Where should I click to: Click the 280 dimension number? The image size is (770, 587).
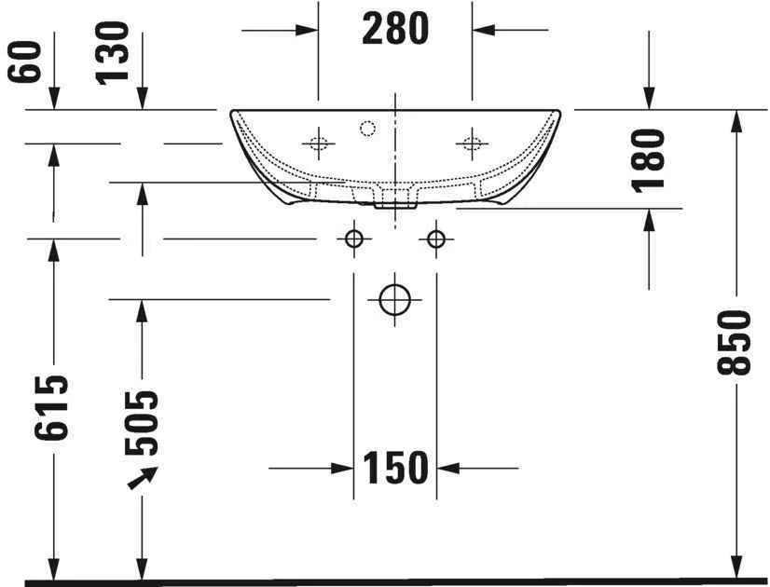[395, 29]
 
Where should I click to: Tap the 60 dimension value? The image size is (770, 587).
[24, 61]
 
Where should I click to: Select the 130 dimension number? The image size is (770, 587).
[112, 53]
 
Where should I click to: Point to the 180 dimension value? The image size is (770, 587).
[648, 160]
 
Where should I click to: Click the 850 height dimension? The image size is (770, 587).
[735, 342]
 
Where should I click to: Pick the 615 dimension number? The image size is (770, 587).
[51, 407]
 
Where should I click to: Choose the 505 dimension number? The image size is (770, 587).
[142, 423]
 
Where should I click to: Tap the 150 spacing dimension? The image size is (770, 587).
[395, 468]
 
